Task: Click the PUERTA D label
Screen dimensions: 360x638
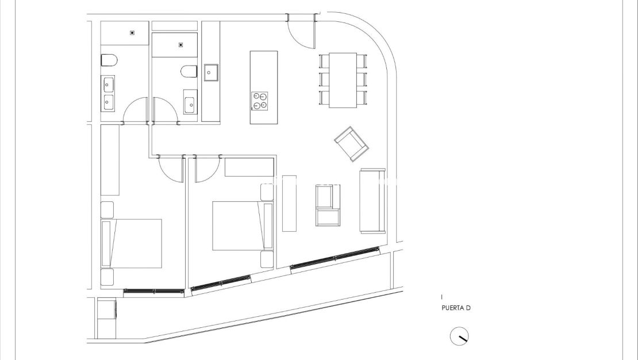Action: pyautogui.click(x=456, y=308)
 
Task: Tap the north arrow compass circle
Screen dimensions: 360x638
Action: pyautogui.click(x=459, y=336)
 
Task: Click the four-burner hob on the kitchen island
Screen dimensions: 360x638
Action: pyautogui.click(x=260, y=101)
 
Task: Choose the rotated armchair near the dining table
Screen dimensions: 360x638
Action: pyautogui.click(x=351, y=143)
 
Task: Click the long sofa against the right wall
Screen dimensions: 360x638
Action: pyautogui.click(x=372, y=201)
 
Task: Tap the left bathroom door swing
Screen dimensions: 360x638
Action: pyautogui.click(x=136, y=110)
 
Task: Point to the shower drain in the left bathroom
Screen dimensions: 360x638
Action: pyautogui.click(x=133, y=33)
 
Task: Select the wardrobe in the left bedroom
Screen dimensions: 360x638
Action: pyautogui.click(x=110, y=159)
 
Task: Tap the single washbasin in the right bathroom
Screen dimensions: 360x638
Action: pyautogui.click(x=190, y=105)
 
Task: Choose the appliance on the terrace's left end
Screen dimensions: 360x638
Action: pyautogui.click(x=107, y=310)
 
